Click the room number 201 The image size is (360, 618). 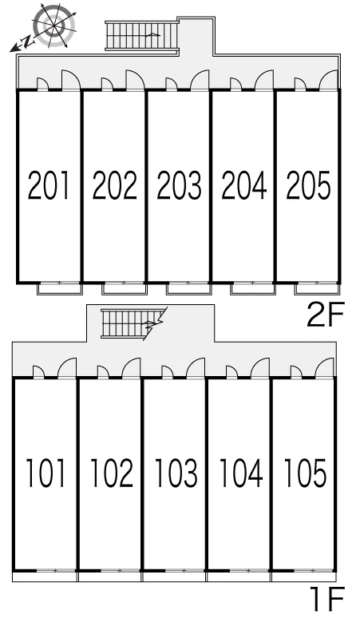49,184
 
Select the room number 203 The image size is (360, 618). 180,184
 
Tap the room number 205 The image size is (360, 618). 308,184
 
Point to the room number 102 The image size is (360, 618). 112,473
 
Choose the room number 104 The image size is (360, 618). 240,473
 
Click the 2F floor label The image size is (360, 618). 326,314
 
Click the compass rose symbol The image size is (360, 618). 54,26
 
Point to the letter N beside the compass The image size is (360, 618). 27,42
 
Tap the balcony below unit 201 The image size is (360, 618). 60,289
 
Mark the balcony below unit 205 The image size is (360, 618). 317,289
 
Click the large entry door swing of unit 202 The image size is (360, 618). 135,81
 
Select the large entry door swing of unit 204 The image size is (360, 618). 264,81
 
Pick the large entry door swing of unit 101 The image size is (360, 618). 67,368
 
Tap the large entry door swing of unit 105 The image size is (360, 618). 325,368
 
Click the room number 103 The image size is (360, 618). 176,473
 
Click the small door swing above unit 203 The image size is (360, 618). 172,85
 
